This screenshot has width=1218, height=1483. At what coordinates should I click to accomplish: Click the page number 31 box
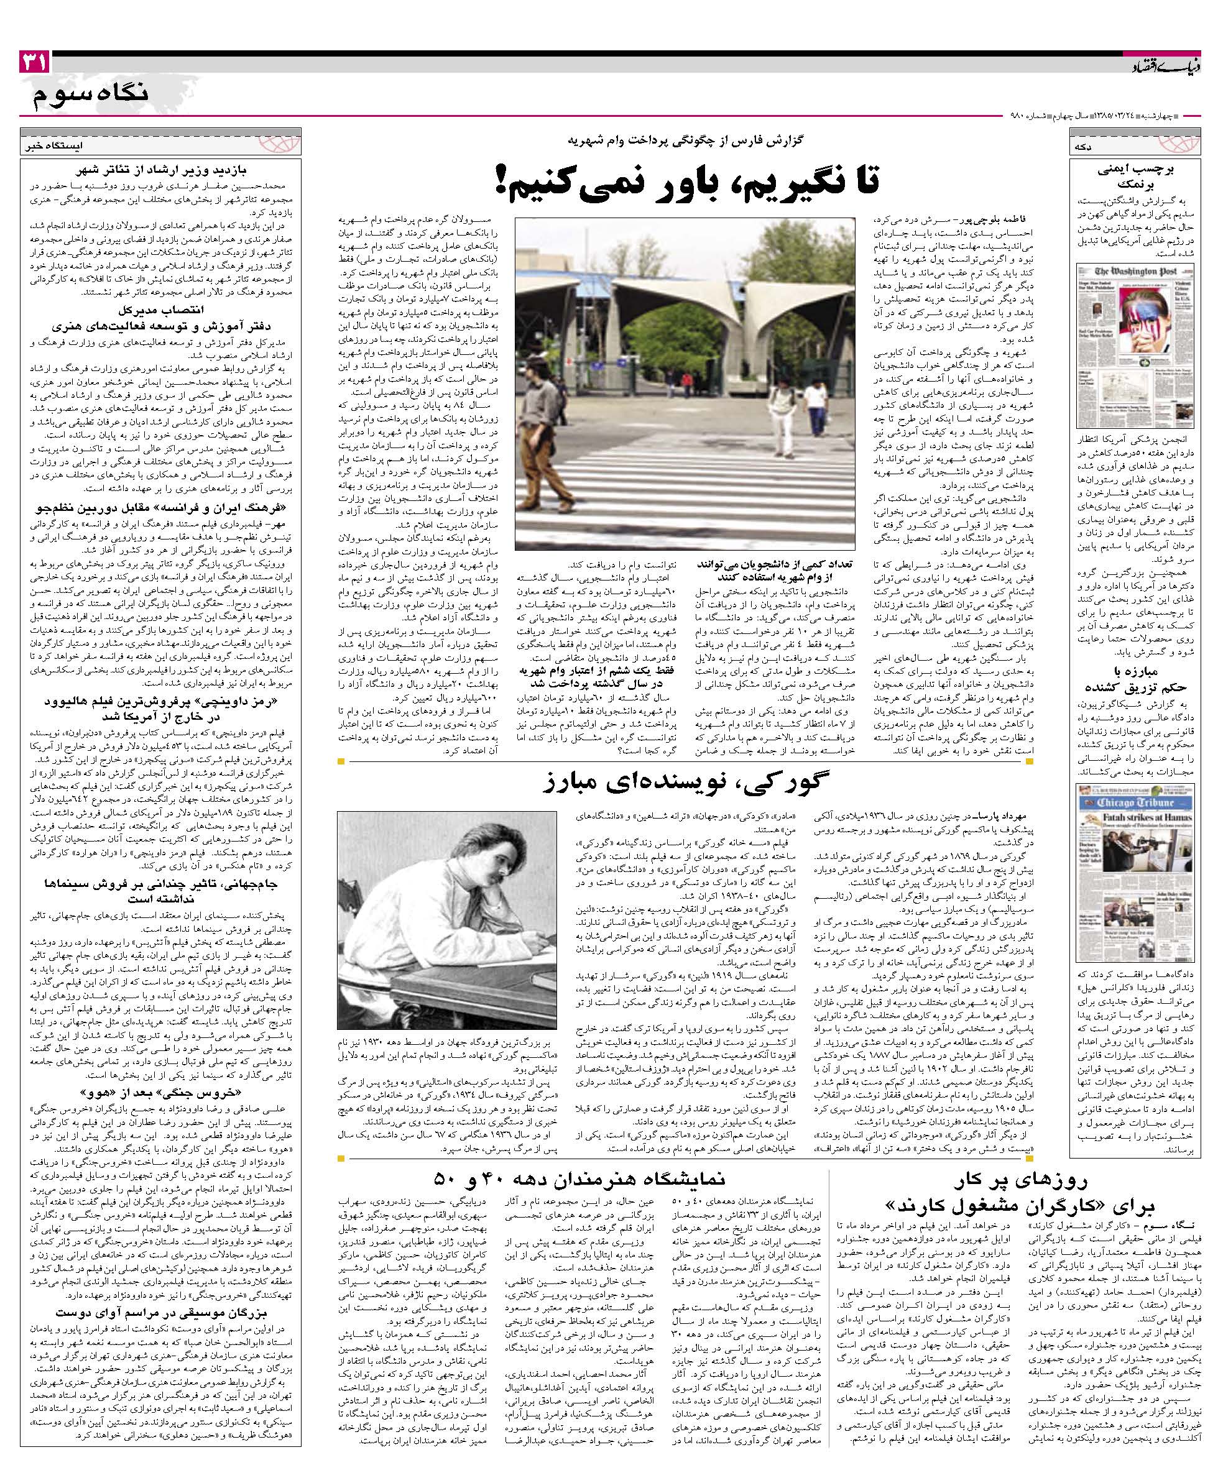tap(34, 64)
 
